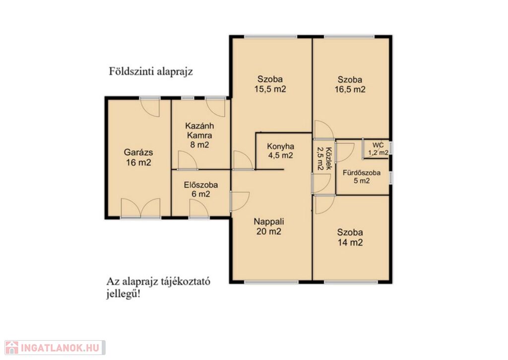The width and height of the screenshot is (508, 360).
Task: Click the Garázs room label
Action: point(138,152)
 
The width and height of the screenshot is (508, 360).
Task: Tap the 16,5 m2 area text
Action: point(350,89)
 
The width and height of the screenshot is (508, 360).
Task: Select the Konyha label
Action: point(281,146)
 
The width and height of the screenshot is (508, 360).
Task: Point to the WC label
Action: point(378,145)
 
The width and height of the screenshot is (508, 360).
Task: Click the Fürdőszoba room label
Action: point(362,173)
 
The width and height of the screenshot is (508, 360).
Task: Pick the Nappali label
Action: point(269,222)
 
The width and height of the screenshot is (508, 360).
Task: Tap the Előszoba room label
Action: point(201,185)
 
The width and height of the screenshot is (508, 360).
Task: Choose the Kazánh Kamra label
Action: point(199,131)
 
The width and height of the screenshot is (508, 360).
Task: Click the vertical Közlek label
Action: point(329,159)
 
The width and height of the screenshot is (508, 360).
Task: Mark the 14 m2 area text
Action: point(350,243)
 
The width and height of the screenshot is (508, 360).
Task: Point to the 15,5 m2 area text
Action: point(270,89)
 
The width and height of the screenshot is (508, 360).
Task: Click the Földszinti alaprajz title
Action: point(151,72)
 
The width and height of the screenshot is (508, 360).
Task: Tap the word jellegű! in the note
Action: point(124,295)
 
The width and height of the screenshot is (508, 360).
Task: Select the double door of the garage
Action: point(140,208)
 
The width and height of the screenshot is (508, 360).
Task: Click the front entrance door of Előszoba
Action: point(199,209)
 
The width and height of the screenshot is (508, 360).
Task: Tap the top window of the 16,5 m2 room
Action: point(350,37)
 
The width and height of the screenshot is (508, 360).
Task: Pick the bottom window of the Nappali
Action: point(271,282)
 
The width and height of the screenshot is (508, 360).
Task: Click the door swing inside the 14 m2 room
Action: point(324,204)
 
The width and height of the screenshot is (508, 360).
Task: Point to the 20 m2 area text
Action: point(269,231)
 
